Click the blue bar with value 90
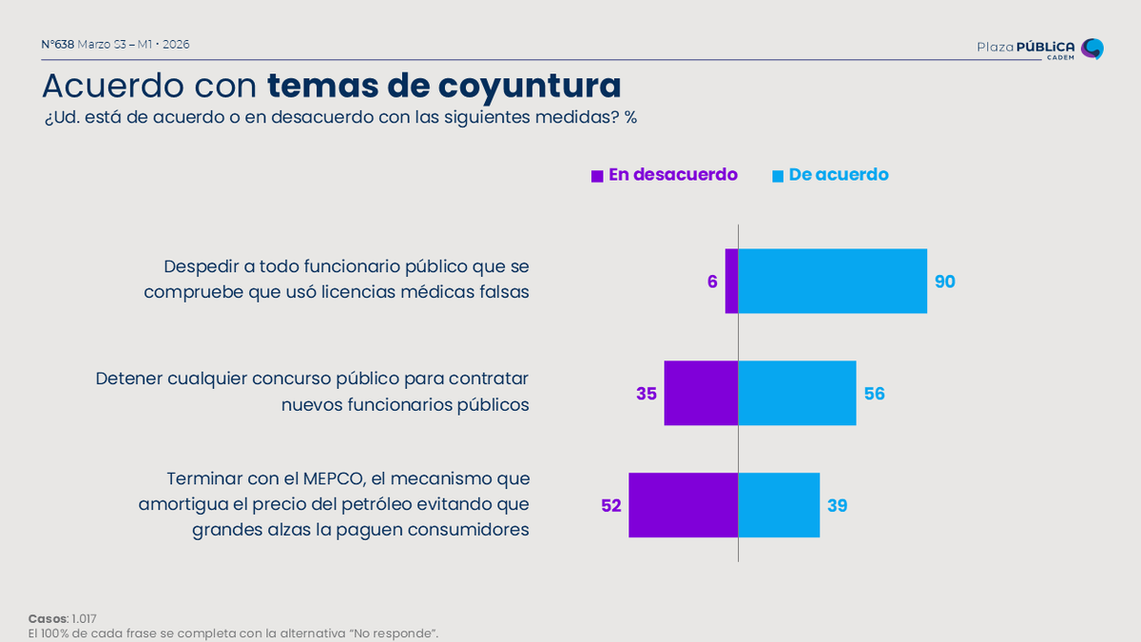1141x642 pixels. pyautogui.click(x=832, y=282)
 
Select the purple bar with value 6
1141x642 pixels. pyautogui.click(x=731, y=282)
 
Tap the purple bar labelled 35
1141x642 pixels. pyautogui.click(x=701, y=393)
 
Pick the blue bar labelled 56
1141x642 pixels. pyautogui.click(x=797, y=393)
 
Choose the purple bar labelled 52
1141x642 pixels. pyautogui.click(x=683, y=505)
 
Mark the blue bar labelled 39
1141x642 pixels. pyautogui.click(x=779, y=505)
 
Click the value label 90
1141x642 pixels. pyautogui.click(x=944, y=282)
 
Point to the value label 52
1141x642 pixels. pyautogui.click(x=610, y=506)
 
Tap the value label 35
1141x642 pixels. pyautogui.click(x=647, y=394)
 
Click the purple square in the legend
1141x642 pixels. pyautogui.click(x=597, y=176)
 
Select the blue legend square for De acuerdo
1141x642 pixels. pyautogui.click(x=778, y=176)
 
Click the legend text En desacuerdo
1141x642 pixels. pyautogui.click(x=673, y=175)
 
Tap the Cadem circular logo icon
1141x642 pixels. pyautogui.click(x=1093, y=49)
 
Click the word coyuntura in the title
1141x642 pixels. pyautogui.click(x=529, y=86)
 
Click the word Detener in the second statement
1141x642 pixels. pyautogui.click(x=129, y=379)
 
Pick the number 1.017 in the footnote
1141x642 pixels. pyautogui.click(x=84, y=619)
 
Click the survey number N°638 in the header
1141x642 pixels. pyautogui.click(x=58, y=45)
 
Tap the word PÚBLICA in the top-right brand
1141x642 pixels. pyautogui.click(x=1046, y=47)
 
